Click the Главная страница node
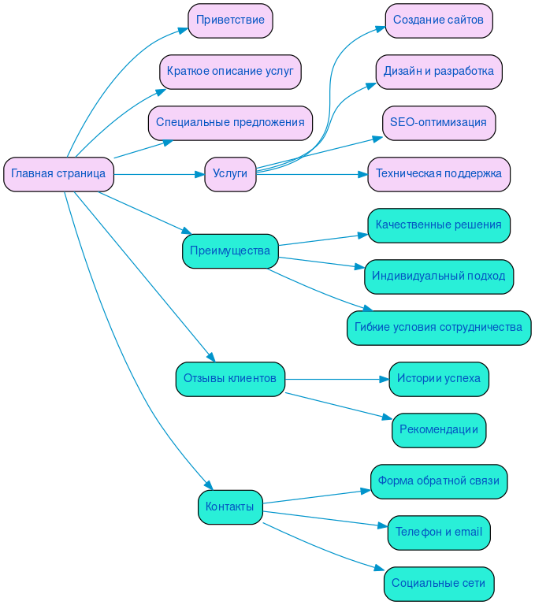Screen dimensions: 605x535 [58, 174]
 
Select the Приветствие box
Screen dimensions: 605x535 [230, 20]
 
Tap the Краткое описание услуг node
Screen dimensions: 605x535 [230, 72]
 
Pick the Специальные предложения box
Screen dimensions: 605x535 [230, 123]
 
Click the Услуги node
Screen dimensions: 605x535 [230, 174]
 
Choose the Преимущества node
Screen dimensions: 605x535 [230, 251]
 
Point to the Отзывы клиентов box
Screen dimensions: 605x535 [230, 379]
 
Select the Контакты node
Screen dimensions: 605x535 [230, 507]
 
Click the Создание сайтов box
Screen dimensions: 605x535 [439, 20]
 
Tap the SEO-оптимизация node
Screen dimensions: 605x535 [439, 123]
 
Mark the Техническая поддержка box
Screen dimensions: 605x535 [439, 174]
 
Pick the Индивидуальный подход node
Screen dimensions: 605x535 [439, 277]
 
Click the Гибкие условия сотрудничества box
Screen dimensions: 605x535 [439, 328]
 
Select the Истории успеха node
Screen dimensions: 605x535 [439, 379]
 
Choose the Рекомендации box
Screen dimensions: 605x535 [439, 430]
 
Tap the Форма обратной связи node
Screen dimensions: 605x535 [439, 481]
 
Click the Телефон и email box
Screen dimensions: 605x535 [439, 533]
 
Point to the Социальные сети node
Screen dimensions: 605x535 [439, 584]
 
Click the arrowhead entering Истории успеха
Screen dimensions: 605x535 [385, 379]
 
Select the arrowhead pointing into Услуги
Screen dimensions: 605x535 [200, 174]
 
